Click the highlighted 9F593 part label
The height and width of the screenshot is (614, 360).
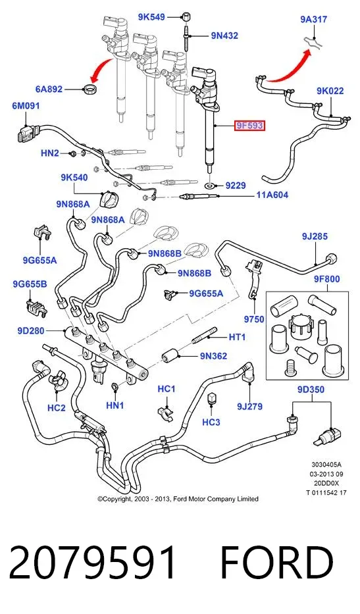pos(249,126)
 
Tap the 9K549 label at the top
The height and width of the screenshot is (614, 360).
pos(151,17)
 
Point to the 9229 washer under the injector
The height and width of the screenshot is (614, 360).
pos(211,184)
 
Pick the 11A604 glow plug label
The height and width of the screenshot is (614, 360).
pos(272,194)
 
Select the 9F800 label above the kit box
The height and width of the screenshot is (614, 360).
pos(326,279)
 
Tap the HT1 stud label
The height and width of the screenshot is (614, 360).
pos(237,336)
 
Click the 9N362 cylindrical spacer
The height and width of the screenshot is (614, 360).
pos(170,356)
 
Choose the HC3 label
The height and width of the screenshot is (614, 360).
pos(211,422)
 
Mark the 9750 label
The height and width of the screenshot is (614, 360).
pos(254,319)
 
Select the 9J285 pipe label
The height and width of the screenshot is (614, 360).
pos(315,236)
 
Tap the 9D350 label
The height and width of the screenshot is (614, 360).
pos(311,390)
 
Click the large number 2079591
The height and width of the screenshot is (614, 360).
pos(93,563)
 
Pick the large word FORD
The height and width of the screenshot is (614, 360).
pos(277,563)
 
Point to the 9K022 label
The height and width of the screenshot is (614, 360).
pos(330,91)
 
